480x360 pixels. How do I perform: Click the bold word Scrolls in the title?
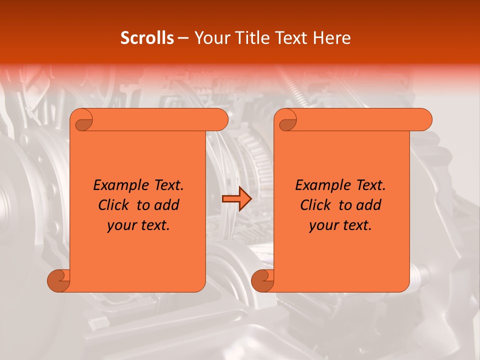(x=147, y=38)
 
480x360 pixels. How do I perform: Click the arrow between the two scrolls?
(x=236, y=199)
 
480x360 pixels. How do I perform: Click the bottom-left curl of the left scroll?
(x=59, y=280)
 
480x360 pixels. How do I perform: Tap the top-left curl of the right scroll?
(x=287, y=120)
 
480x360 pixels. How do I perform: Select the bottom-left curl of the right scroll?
(x=263, y=280)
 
